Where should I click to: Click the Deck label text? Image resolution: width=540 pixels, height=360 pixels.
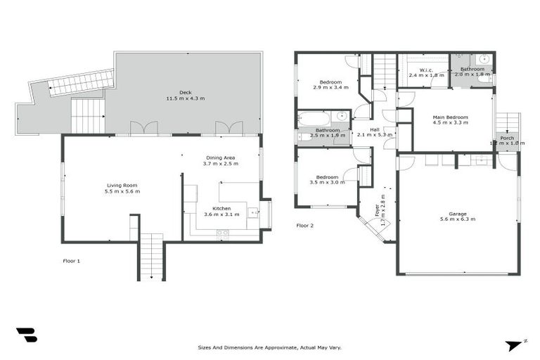pos(185,92)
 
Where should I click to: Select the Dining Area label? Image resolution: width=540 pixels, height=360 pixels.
pos(220,157)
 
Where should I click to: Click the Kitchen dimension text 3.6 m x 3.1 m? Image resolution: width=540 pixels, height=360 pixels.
pos(221,214)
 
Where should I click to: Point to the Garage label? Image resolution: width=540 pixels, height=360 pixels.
pos(458,213)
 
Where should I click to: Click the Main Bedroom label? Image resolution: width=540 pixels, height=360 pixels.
pos(450,117)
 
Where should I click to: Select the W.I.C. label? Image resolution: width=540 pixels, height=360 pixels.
pos(425,70)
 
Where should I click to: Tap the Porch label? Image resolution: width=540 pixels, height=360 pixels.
pos(506,138)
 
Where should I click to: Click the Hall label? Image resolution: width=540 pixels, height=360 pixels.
pos(375,129)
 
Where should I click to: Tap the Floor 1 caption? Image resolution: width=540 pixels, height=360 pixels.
pos(72,261)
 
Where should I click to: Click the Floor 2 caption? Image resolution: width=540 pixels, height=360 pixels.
pos(305,226)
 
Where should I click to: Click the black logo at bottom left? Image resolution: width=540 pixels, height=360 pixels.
pos(27,335)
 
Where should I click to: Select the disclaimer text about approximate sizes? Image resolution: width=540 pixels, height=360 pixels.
pos(269,347)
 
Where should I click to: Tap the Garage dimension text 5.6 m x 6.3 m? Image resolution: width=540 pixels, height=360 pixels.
pos(458,219)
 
